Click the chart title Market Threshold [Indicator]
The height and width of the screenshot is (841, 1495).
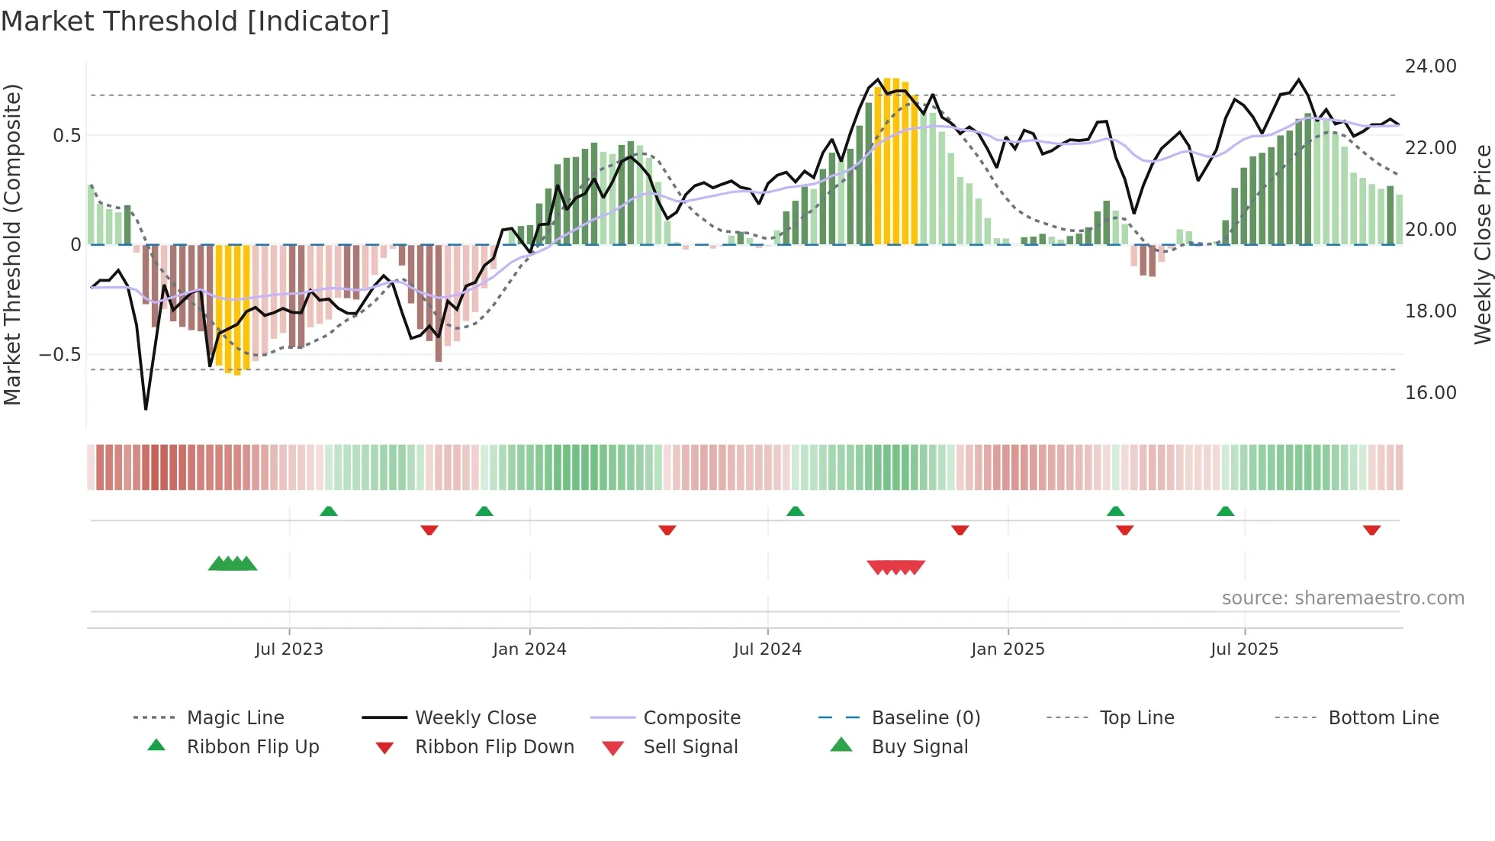coord(195,21)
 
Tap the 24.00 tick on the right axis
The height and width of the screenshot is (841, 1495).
coord(1430,66)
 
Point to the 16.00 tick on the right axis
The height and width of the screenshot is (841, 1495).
coord(1430,393)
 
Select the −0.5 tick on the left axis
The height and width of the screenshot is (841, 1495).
coord(59,355)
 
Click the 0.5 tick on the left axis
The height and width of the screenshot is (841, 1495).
coord(66,136)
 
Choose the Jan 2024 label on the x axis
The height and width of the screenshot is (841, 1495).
coord(529,649)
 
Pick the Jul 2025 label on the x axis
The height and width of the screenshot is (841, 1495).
coord(1244,649)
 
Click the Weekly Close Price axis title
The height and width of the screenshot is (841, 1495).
coord(1482,244)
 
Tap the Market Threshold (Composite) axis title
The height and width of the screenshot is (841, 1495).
coord(12,244)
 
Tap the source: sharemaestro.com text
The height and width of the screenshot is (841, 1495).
coord(1342,598)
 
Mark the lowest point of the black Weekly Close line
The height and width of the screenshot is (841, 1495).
coord(146,409)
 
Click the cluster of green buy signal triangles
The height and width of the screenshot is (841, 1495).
coord(233,564)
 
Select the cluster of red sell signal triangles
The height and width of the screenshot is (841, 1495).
coord(896,567)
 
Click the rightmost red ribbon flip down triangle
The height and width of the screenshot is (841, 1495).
coord(1371,530)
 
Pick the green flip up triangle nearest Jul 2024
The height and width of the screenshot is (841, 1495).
coord(796,511)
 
